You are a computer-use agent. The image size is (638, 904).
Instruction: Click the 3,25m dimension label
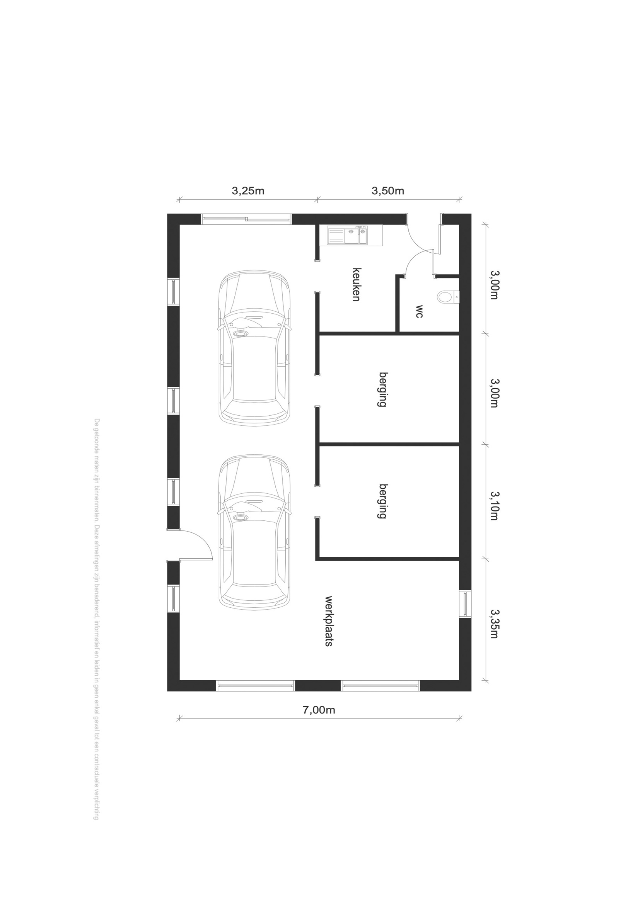[248, 191]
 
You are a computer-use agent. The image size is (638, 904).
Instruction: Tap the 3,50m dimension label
[388, 191]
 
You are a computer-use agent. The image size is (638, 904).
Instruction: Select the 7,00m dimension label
[319, 710]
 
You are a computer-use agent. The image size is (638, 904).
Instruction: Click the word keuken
[356, 284]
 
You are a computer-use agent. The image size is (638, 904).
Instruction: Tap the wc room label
[419, 311]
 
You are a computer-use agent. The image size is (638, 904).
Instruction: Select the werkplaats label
[329, 621]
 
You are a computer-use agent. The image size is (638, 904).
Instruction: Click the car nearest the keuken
[254, 348]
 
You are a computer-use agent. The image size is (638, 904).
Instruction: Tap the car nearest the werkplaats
[254, 532]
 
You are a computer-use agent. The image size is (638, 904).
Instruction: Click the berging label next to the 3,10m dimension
[383, 501]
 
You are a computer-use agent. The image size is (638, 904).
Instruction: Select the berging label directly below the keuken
[383, 389]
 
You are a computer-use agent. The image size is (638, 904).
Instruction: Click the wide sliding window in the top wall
[247, 219]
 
